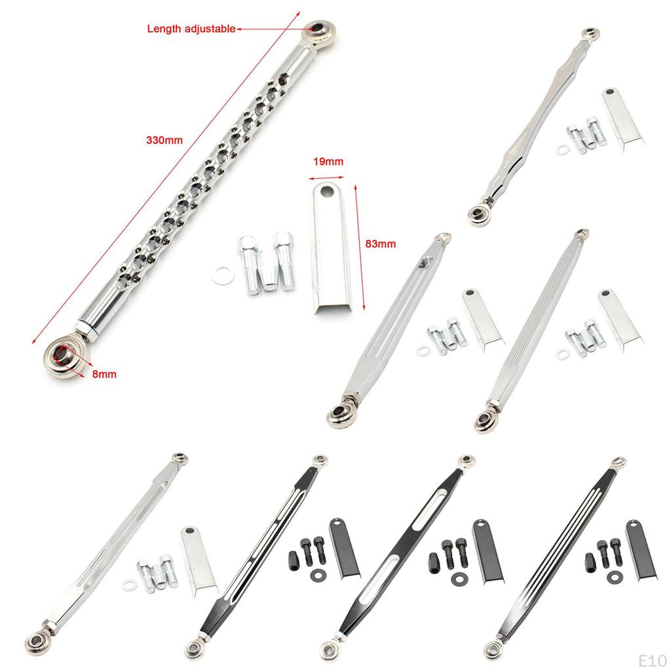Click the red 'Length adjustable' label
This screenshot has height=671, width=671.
point(191,29)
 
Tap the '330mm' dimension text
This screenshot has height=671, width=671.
point(164,140)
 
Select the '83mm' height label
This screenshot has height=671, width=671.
point(380,244)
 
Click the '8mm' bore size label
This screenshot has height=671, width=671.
point(104,374)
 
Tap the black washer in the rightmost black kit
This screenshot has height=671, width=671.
point(614,576)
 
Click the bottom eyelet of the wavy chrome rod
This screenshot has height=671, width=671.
point(480,214)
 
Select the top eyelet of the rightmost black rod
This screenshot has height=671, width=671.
point(618,463)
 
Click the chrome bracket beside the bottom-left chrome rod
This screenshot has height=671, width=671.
point(199,559)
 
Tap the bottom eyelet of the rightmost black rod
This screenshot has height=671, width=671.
point(492,649)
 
